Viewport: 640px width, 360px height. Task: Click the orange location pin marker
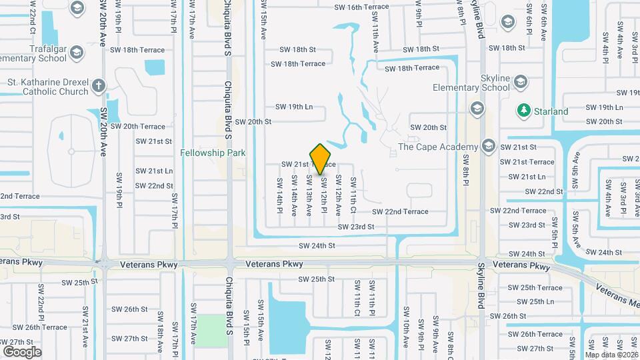point(321,159)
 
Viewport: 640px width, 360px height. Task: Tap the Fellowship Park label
point(213,153)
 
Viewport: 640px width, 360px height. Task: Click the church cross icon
point(99,85)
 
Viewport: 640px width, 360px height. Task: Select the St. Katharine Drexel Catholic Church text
point(47,87)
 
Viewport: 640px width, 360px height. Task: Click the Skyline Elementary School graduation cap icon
point(520,82)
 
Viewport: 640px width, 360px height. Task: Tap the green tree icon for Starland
point(524,111)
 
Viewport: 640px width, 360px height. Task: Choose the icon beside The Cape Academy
point(488,147)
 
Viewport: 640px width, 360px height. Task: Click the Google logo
point(22,351)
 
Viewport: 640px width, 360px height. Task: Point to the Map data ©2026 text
point(611,355)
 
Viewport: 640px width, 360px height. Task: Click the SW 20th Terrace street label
point(137,126)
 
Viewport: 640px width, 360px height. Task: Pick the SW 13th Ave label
point(309,196)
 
